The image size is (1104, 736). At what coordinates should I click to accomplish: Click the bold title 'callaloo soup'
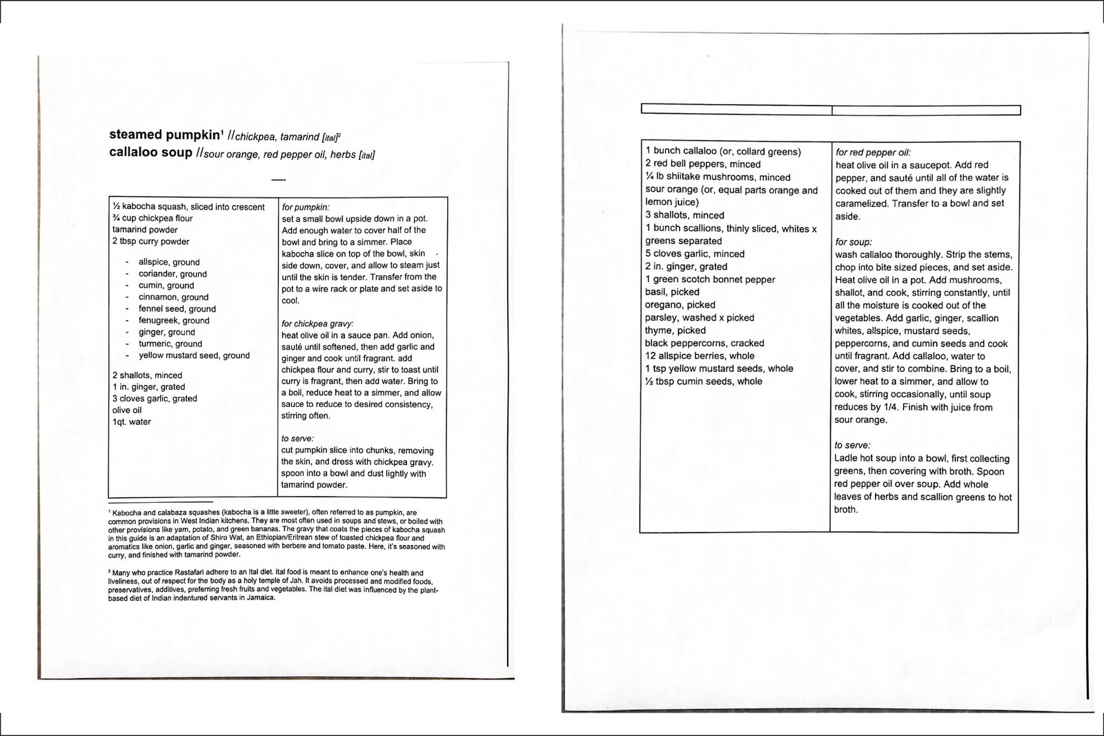pos(150,152)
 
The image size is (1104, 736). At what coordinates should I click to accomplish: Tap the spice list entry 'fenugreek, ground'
pos(174,320)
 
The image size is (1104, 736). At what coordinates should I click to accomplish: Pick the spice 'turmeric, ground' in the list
pos(170,344)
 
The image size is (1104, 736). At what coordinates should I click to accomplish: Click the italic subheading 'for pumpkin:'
pos(306,207)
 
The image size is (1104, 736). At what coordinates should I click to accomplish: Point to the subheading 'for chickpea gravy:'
pos(318,324)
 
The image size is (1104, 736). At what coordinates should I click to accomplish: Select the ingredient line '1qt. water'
pos(132,421)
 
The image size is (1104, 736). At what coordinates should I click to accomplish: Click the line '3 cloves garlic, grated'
pos(155,398)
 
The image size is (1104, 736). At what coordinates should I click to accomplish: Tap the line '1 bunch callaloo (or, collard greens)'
pos(723,151)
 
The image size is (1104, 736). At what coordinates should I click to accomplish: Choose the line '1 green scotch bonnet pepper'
pos(710,279)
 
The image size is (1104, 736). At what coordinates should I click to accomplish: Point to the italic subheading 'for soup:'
pos(854,242)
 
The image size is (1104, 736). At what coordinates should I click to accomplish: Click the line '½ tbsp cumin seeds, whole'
pos(704,381)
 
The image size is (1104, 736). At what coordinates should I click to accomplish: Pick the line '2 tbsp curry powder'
pos(150,241)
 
